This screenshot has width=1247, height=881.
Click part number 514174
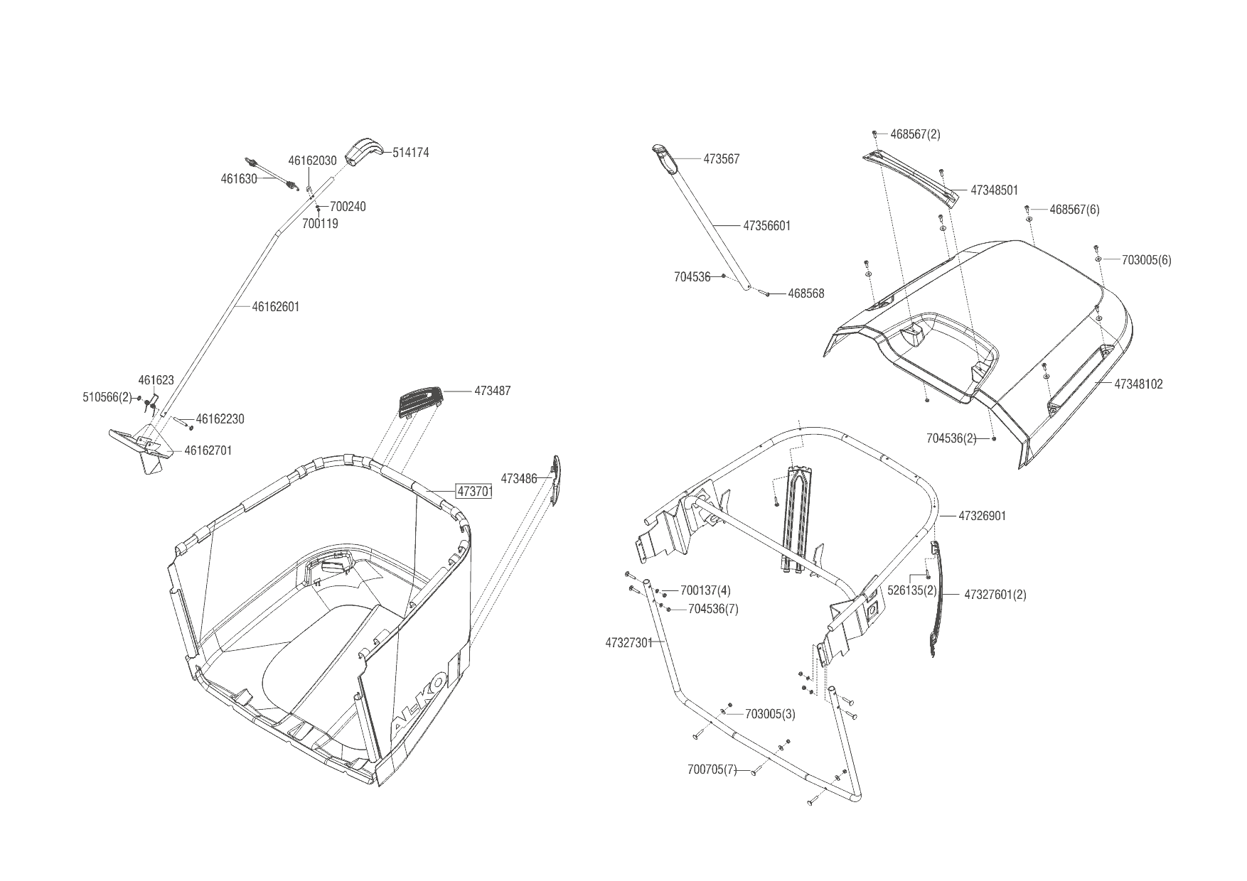[x=410, y=153]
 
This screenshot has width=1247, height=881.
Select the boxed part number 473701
[x=474, y=492]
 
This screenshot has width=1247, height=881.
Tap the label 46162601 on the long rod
[x=276, y=307]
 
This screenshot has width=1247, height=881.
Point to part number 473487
[x=493, y=391]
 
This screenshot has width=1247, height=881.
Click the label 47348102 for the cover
[x=1138, y=384]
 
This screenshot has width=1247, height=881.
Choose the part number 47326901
[x=982, y=516]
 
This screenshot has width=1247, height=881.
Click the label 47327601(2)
[x=995, y=595]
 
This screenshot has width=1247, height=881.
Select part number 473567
[x=722, y=159]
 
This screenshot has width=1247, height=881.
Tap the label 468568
[x=806, y=293]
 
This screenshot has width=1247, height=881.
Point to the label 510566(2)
[x=107, y=398]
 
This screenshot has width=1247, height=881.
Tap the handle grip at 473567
[x=663, y=157]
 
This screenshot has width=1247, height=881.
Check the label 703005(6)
[x=1146, y=260]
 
